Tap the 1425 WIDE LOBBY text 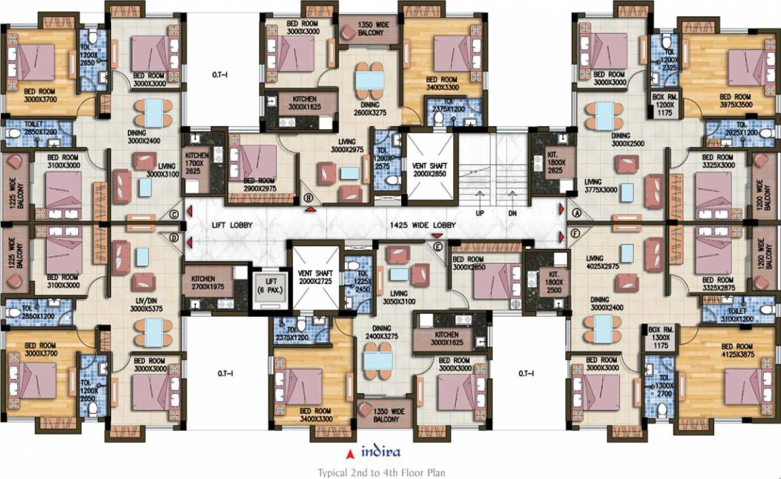(423, 225)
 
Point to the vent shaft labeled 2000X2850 (430, 165)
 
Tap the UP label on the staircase (480, 213)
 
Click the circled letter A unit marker (577, 212)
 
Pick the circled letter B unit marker (308, 198)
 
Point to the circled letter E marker (438, 248)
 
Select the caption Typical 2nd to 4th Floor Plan (381, 473)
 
